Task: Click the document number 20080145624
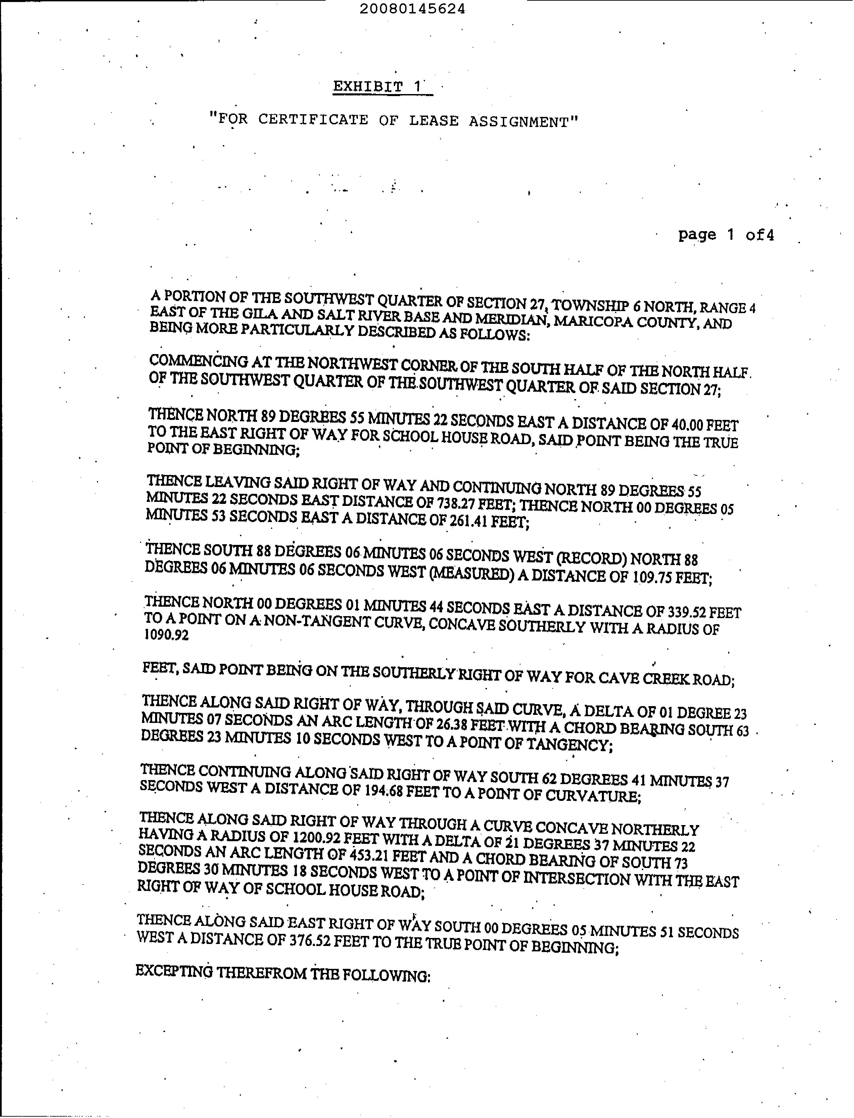(x=412, y=9)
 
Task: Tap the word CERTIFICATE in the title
(x=313, y=120)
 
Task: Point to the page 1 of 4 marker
(x=725, y=235)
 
